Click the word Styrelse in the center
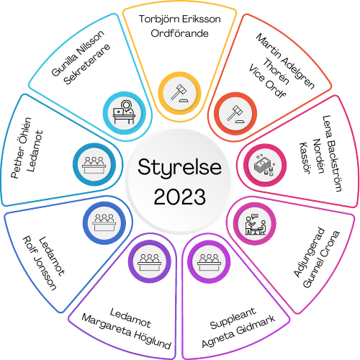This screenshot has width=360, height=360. pyautogui.click(x=179, y=168)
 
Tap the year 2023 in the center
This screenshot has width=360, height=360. pyautogui.click(x=180, y=197)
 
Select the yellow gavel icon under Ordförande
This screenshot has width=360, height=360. pyautogui.click(x=179, y=93)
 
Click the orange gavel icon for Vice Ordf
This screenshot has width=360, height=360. pyautogui.click(x=235, y=114)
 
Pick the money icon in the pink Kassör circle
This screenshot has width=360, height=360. pyautogui.click(x=265, y=165)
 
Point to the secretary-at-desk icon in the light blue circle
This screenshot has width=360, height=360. pyautogui.click(x=125, y=112)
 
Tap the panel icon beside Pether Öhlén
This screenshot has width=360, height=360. pyautogui.click(x=94, y=165)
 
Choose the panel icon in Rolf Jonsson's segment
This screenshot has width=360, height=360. pyautogui.click(x=104, y=222)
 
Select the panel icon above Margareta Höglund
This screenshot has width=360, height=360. pyautogui.click(x=150, y=262)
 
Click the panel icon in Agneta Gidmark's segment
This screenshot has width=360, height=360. pyautogui.click(x=209, y=262)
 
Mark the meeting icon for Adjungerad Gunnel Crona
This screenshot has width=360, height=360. pyautogui.click(x=255, y=224)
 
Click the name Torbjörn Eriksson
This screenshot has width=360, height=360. pyautogui.click(x=180, y=19)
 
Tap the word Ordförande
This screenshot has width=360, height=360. pyautogui.click(x=180, y=33)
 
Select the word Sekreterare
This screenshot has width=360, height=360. pyautogui.click(x=87, y=64)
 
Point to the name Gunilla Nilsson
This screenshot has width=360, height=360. pyautogui.click(x=78, y=53)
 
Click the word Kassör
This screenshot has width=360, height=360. pyautogui.click(x=305, y=158)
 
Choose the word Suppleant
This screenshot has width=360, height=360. pyautogui.click(x=233, y=318)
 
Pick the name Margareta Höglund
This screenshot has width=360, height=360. pyautogui.click(x=127, y=331)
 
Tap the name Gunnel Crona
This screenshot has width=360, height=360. pyautogui.click(x=321, y=259)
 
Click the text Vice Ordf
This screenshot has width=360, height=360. pyautogui.click(x=267, y=81)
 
